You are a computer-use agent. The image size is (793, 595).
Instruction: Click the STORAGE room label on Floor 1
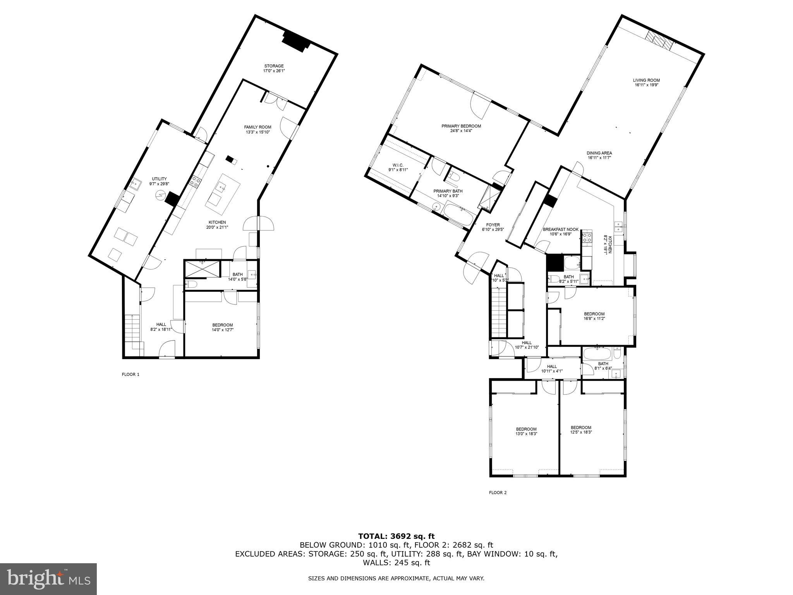274,66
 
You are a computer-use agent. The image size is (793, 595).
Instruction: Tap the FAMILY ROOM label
257,127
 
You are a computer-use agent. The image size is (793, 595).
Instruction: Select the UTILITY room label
159,179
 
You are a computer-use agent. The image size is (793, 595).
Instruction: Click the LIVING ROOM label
647,80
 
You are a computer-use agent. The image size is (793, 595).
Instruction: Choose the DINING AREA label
599,153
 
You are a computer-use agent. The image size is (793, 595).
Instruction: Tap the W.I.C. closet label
398,165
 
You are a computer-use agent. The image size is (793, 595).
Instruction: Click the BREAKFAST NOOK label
560,229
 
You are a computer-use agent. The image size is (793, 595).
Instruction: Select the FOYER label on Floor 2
493,225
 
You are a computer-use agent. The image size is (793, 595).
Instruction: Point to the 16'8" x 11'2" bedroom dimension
594,318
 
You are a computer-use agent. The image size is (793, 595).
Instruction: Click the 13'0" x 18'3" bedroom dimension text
526,433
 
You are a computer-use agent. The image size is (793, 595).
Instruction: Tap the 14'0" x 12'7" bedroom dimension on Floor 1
222,330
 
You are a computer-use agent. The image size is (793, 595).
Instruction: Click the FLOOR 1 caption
130,375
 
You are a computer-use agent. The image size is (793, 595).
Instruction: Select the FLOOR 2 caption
498,493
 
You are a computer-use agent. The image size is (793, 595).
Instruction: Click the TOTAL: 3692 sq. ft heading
396,537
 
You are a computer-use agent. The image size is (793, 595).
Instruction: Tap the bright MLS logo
48,579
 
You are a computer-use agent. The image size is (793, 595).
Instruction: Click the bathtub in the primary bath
458,215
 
